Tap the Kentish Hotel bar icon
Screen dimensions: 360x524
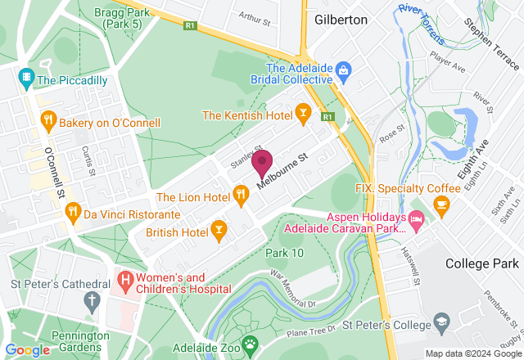303,115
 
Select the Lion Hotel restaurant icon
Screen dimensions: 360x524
240,195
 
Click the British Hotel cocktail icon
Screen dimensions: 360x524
218,233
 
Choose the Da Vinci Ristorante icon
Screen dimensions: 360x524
73,212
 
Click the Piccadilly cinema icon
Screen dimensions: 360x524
26,78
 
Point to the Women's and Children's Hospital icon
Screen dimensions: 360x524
124,281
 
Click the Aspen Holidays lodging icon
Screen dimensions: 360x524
416,218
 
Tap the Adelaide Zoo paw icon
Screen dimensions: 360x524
247,342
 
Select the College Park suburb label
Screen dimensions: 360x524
482,263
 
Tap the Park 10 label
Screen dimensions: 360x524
284,253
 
